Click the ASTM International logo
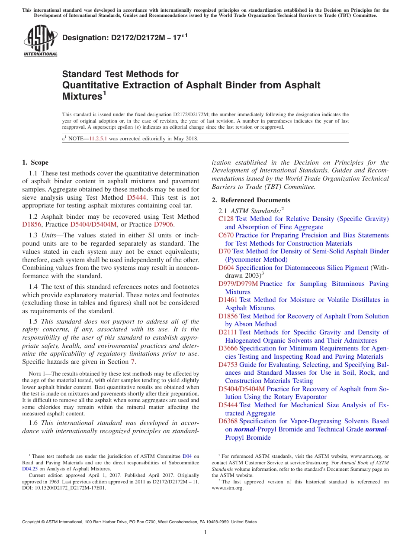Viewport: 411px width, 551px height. point(40,41)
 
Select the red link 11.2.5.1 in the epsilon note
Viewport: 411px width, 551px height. point(98,139)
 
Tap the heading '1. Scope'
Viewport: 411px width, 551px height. point(35,162)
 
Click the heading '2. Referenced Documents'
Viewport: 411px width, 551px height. point(251,200)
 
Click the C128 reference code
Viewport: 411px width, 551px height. point(226,219)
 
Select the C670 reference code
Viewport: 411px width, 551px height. point(226,235)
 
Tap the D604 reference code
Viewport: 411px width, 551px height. point(226,268)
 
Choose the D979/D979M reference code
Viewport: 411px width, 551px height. point(238,284)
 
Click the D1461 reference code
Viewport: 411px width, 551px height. point(228,300)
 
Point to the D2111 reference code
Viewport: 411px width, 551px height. point(228,332)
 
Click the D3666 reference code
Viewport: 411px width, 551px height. point(228,348)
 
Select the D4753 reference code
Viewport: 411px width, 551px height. point(228,365)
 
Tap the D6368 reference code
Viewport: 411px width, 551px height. point(228,421)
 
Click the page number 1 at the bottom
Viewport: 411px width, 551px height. point(205,532)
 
